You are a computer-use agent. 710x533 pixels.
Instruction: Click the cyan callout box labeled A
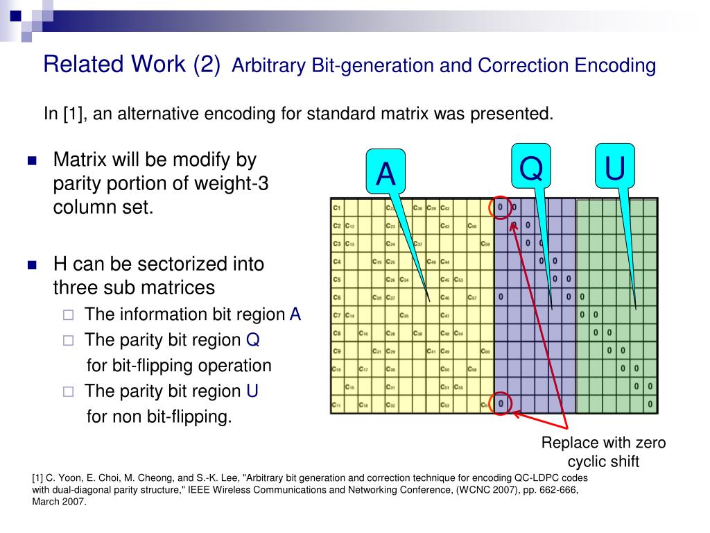click(386, 173)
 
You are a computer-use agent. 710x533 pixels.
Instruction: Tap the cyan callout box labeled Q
click(531, 167)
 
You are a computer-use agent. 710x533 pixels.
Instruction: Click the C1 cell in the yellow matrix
click(337, 208)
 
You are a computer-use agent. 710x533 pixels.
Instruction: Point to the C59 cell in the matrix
click(486, 244)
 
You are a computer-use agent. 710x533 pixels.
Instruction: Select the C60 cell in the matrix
click(486, 352)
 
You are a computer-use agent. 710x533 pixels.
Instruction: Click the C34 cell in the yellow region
click(405, 280)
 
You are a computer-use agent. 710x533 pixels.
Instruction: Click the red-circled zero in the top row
click(500, 207)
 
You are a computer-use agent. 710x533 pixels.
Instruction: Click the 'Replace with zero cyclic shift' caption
click(603, 452)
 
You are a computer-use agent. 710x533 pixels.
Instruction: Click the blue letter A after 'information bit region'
click(295, 314)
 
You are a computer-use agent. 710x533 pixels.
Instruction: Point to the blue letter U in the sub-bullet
click(252, 391)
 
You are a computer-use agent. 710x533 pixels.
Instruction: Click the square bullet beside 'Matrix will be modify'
click(31, 161)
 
